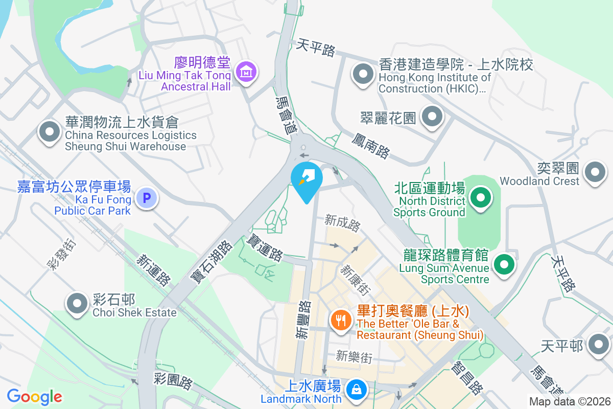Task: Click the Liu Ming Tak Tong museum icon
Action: point(247,72)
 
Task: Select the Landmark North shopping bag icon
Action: point(356,390)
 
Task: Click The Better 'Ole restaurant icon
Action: point(340,321)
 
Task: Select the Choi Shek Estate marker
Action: point(78,303)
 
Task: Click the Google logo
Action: point(35,397)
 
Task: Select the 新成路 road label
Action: point(343,223)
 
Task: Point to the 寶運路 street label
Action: point(265,247)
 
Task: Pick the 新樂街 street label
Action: point(354,356)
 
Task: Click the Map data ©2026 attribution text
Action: point(569,402)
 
